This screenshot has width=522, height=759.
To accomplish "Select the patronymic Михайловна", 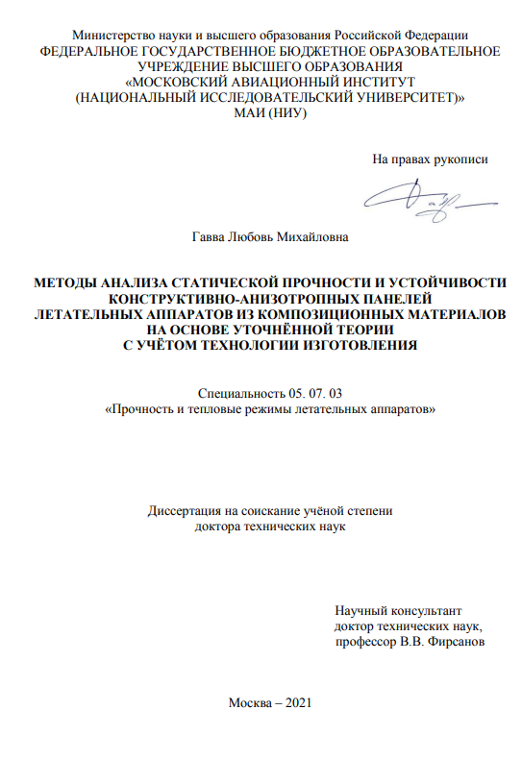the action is pyautogui.click(x=312, y=237).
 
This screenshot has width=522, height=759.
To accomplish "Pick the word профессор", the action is pyautogui.click(x=363, y=641).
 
